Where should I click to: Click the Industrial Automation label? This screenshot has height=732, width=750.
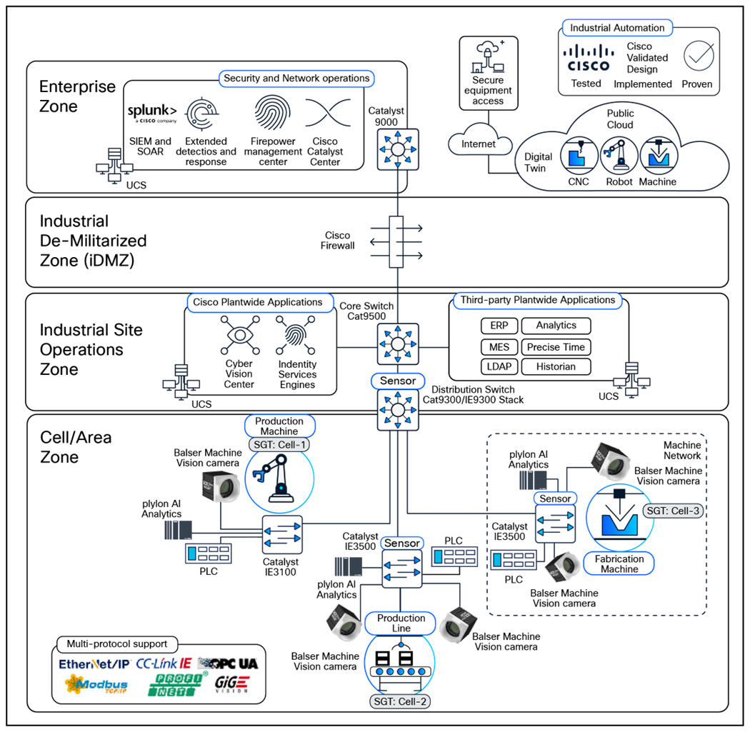(618, 29)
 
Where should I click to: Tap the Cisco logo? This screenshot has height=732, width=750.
(588, 57)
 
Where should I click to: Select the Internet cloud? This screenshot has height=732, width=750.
(479, 144)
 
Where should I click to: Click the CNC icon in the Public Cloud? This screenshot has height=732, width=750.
(579, 156)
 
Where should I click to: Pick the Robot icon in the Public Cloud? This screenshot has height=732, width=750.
(619, 156)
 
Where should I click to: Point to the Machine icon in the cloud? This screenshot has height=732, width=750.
(658, 156)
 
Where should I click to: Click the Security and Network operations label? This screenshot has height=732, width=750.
(296, 79)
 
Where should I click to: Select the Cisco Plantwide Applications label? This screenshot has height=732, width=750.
(257, 303)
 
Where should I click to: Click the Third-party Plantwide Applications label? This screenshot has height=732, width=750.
(537, 301)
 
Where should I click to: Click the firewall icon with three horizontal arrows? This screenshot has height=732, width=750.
(396, 242)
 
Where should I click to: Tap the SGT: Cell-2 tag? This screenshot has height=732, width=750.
(401, 701)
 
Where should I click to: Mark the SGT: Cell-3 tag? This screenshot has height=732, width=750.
(672, 511)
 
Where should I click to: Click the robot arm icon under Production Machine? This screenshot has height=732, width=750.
(279, 478)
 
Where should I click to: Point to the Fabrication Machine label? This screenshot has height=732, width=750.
(619, 563)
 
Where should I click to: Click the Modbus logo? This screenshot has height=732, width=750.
(96, 684)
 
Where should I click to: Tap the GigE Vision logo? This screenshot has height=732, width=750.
(232, 683)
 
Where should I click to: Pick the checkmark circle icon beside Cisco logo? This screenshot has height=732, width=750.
(698, 56)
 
